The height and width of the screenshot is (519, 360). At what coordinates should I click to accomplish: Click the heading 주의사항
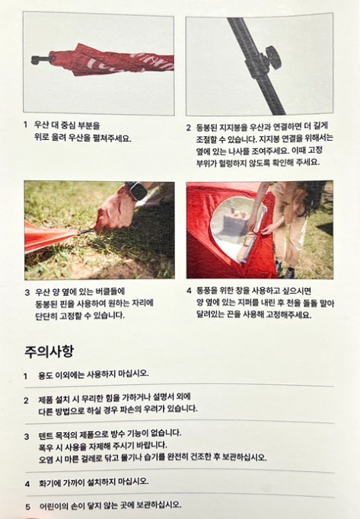[x=49, y=351]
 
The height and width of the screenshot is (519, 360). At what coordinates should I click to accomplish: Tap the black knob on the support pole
[x=272, y=58]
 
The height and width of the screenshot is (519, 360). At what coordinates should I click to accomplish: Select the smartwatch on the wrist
[x=136, y=190]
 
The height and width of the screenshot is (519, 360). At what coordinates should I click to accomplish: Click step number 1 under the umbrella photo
[x=25, y=125]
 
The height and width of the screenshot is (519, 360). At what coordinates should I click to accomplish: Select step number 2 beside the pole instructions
[x=188, y=128]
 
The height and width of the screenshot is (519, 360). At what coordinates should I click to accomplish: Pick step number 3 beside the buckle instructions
[x=27, y=292]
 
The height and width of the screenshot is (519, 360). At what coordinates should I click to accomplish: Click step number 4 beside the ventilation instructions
[x=189, y=291]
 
